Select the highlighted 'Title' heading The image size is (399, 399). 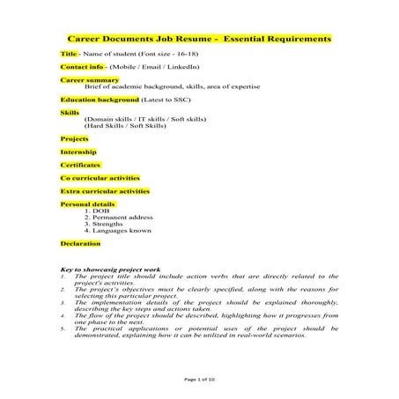coord(69,54)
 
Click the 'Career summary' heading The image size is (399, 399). coord(84,79)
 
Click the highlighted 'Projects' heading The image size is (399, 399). coord(74,139)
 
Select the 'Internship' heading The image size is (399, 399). coord(78,151)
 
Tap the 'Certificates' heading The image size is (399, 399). coord(80,165)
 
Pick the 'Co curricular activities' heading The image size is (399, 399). coord(100,177)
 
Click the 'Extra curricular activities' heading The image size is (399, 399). coord(104,190)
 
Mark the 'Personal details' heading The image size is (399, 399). coord(87,203)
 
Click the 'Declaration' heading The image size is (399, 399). coord(80,242)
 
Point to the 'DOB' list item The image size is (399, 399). coord(108,211)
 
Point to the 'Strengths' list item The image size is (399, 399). coord(115,224)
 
